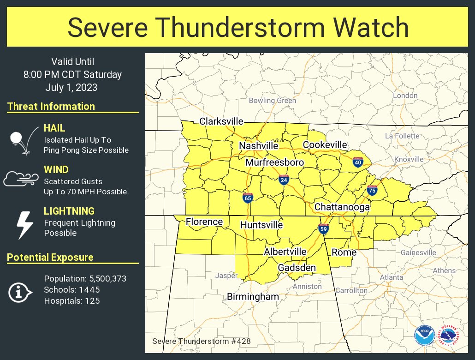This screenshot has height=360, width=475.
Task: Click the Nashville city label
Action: [258, 146]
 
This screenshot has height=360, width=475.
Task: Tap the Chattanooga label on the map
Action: [342, 207]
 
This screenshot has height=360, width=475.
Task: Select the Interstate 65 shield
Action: [248, 198]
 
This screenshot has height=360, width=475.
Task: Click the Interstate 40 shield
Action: [357, 162]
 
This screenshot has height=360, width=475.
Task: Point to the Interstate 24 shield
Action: [284, 180]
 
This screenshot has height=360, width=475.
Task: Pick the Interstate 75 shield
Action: [372, 190]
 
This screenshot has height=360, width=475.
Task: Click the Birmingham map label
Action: [253, 297]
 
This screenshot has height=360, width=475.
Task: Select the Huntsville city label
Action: [261, 225]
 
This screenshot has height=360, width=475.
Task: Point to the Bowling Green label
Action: [272, 101]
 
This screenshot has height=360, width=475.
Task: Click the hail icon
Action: [20, 139]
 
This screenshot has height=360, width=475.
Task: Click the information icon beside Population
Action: [20, 292]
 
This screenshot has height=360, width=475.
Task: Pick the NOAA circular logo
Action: [424, 335]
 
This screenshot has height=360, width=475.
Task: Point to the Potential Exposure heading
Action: [50, 258]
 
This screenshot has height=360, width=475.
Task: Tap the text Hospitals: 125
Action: [72, 301]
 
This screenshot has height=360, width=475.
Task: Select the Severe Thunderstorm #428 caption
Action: [201, 341]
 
